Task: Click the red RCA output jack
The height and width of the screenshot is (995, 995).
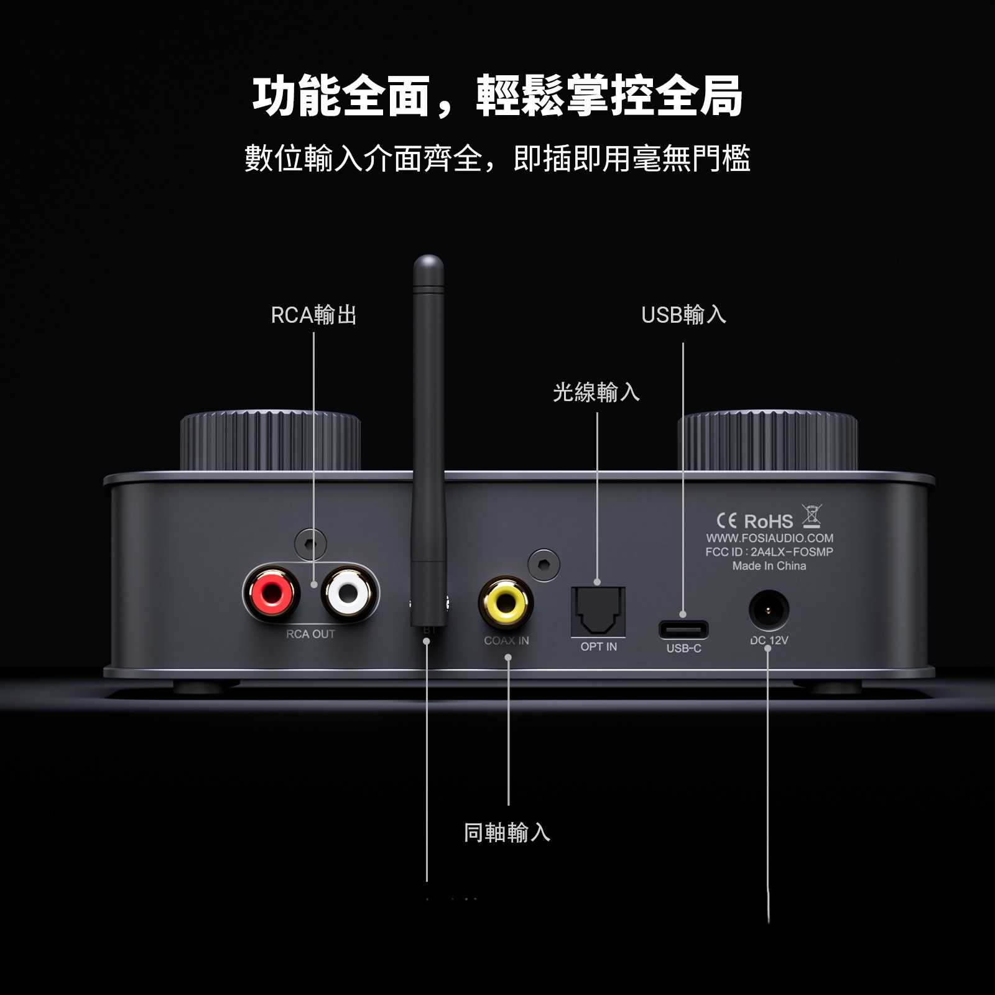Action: (272, 593)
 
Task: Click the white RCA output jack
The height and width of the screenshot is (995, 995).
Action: (349, 593)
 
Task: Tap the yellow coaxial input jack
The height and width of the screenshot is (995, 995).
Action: (506, 601)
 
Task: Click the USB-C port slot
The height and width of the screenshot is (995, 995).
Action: (683, 629)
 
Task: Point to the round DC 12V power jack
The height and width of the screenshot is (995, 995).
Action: (769, 610)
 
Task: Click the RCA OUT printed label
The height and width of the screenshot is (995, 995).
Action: (310, 634)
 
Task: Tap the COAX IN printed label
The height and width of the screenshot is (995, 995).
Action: (506, 641)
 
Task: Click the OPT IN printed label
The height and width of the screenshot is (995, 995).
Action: (598, 647)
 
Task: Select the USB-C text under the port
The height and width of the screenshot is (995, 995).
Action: (683, 649)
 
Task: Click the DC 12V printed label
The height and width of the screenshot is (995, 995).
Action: (769, 641)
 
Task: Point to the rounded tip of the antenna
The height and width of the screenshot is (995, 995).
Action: (428, 263)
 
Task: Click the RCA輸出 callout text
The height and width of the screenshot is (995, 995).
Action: (313, 315)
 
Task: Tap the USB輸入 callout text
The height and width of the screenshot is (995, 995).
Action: (683, 315)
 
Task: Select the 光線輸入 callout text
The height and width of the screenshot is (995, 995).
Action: (596, 392)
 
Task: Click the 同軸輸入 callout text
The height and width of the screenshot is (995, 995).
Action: (507, 833)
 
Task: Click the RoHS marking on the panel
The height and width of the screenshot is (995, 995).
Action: (769, 521)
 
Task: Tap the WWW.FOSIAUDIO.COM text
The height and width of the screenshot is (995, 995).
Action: (769, 538)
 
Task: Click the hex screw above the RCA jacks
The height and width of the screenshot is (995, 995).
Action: (310, 545)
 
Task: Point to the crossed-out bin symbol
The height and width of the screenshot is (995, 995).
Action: (812, 516)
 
